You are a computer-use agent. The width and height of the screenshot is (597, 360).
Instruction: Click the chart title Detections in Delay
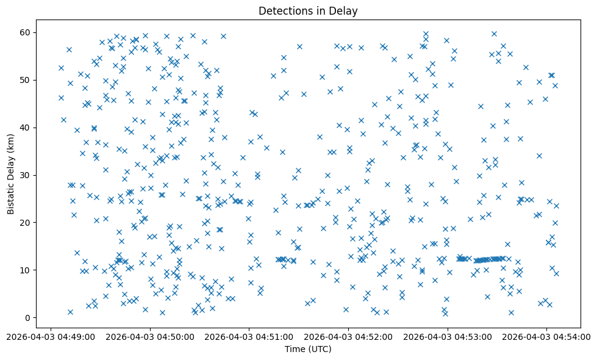click(x=308, y=10)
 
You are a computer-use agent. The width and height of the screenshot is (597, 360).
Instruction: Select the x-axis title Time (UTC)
click(x=308, y=349)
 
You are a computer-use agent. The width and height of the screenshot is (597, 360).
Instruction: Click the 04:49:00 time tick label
click(x=51, y=336)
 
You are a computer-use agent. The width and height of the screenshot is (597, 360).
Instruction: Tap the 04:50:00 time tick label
click(x=150, y=336)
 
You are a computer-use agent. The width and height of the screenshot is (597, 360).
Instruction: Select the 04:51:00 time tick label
click(x=249, y=336)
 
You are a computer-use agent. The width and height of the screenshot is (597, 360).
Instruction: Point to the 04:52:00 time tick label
click(x=348, y=336)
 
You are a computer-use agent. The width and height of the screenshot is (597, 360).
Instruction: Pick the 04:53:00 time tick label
click(x=448, y=336)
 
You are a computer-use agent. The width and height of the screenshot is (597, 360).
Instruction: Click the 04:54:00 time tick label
click(x=547, y=336)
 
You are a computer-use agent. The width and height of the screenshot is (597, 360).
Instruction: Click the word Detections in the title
click(x=285, y=10)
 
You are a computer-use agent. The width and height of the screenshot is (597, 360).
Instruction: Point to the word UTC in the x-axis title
click(x=320, y=349)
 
